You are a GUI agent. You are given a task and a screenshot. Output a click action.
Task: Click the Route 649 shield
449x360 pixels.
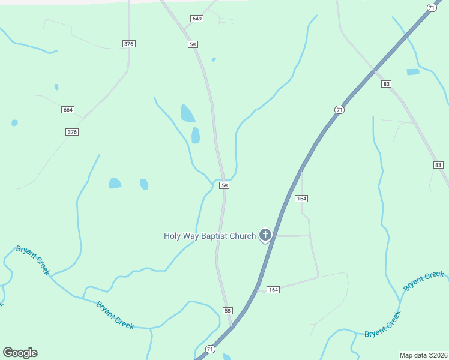(197, 19)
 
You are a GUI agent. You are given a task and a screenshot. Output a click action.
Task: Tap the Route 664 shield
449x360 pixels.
(68, 110)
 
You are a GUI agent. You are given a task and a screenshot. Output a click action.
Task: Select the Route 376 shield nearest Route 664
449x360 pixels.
(72, 132)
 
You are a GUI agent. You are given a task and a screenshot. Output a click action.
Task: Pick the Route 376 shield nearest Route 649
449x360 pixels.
(128, 44)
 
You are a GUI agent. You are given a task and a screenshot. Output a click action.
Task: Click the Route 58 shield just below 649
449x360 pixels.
(193, 44)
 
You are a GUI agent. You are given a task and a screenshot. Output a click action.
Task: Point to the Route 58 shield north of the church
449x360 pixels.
(224, 186)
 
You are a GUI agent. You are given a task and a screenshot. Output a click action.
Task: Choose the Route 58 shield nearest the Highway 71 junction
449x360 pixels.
(227, 311)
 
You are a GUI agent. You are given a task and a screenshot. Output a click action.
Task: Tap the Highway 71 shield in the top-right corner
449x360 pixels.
(431, 7)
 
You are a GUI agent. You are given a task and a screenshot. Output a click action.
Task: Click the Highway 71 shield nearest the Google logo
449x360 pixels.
(210, 349)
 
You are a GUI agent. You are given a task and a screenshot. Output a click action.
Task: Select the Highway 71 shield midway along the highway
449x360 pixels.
(340, 109)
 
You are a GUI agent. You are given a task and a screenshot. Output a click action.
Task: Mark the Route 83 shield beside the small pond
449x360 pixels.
(386, 84)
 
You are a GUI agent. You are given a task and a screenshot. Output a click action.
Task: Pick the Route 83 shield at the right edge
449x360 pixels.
(438, 165)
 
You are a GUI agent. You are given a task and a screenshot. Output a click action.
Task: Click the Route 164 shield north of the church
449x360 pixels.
(301, 199)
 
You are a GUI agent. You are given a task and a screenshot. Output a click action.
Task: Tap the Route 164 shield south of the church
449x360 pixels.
(273, 290)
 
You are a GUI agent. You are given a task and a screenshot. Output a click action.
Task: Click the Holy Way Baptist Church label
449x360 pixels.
(209, 236)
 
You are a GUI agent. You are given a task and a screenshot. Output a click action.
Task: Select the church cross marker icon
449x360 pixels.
(265, 235)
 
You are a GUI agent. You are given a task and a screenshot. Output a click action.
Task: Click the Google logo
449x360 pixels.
(20, 353)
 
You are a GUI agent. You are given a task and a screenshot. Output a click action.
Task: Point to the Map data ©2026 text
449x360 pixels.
(423, 355)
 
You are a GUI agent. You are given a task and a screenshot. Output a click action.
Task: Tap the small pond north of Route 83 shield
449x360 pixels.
(413, 72)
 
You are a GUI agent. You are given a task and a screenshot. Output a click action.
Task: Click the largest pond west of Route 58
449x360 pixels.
(187, 113)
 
